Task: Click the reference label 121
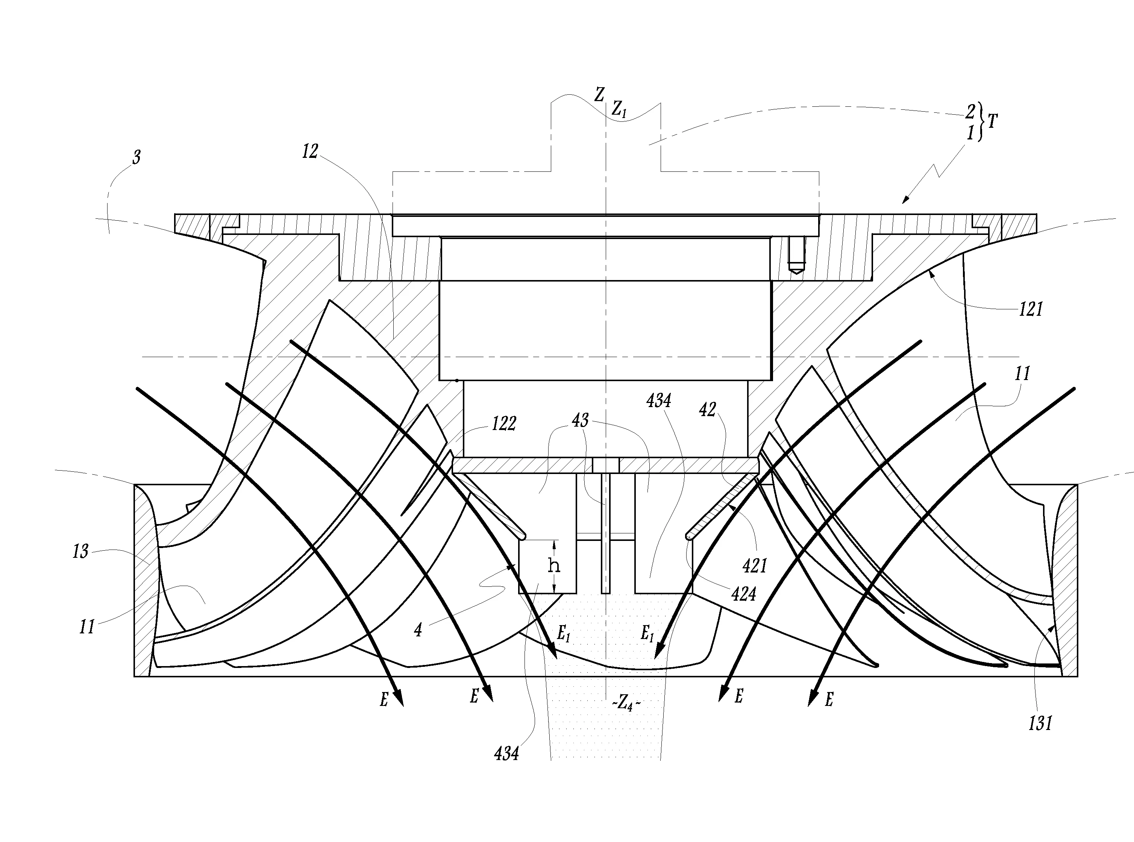pos(1031,309)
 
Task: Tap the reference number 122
pos(504,423)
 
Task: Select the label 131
pos(1040,723)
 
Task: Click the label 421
pos(755,565)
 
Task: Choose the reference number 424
pos(743,594)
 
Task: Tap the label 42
pos(708,409)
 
